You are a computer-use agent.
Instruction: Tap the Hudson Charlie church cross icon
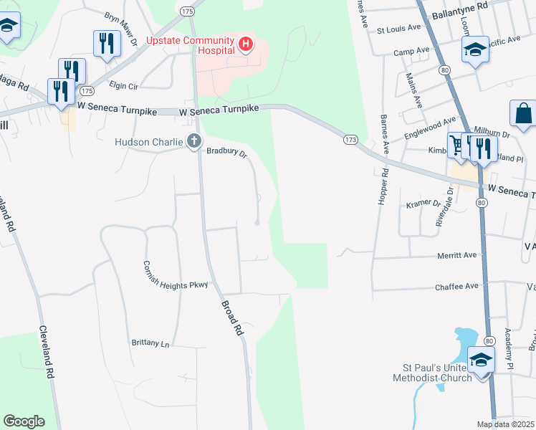pos(193,142)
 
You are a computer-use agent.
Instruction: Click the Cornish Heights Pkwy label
pos(176,285)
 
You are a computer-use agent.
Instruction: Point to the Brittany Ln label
pos(150,343)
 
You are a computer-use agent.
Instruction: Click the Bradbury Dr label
pos(226,152)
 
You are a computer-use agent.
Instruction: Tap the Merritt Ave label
pos(456,255)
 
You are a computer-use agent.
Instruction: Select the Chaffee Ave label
pos(456,286)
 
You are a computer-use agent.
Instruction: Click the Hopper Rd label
pos(384,186)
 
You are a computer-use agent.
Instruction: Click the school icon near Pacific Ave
pos(474,50)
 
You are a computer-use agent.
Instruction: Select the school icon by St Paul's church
pos(481,359)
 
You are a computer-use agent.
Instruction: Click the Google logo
pos(24,421)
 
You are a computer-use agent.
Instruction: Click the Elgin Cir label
pos(123,86)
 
